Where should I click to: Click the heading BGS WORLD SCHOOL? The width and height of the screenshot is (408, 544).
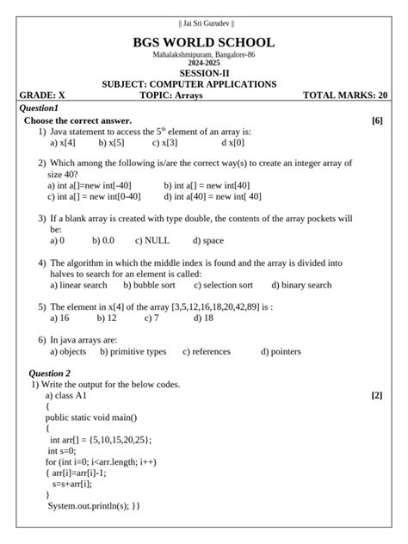tap(204, 42)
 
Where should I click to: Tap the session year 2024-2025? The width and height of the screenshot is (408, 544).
tap(204, 63)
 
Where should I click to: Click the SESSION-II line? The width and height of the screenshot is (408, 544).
tap(204, 73)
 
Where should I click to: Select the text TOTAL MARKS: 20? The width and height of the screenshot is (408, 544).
tap(345, 96)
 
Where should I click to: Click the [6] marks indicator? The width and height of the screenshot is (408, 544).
tap(377, 121)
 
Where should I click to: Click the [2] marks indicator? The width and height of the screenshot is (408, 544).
tap(377, 395)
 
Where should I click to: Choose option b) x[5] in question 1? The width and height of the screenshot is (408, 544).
tap(111, 143)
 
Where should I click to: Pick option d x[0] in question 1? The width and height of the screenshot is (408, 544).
tap(232, 143)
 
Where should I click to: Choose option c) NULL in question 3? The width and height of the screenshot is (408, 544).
tap(152, 241)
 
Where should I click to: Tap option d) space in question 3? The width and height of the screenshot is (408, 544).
tap(208, 241)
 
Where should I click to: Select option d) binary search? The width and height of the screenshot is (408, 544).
tap(301, 285)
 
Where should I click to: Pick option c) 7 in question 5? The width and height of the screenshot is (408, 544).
tap(151, 318)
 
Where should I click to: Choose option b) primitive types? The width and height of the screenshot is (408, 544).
tap(133, 351)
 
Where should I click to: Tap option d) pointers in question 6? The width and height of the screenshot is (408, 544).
tap(281, 351)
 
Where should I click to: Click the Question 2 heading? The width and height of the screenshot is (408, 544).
tap(50, 374)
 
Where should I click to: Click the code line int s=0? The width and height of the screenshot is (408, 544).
tap(65, 450)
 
